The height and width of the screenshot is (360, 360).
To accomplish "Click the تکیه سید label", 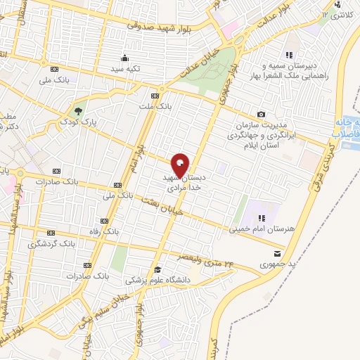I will click(124, 70).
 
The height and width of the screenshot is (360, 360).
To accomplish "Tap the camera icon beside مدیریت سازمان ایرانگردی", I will click(262, 115).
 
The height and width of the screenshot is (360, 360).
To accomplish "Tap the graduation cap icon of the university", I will click(157, 269).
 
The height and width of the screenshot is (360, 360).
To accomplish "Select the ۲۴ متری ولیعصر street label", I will click(208, 261).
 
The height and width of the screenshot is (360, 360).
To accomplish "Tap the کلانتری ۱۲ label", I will click(335, 14).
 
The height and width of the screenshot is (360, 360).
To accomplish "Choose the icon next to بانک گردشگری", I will click(51, 233).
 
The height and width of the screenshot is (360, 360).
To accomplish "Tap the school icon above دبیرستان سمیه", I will click(288, 54).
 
